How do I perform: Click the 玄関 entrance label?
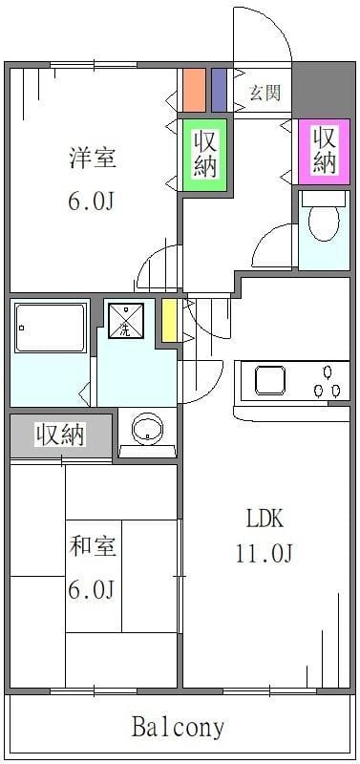tap(265, 93)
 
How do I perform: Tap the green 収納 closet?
tap(204, 154)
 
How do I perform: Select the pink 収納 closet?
tap(325, 150)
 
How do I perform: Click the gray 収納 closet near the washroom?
tap(60, 435)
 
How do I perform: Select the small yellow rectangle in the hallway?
tap(168, 320)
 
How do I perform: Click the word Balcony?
tap(179, 728)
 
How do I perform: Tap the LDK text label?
tap(267, 519)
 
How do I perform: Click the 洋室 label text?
tap(93, 159)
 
